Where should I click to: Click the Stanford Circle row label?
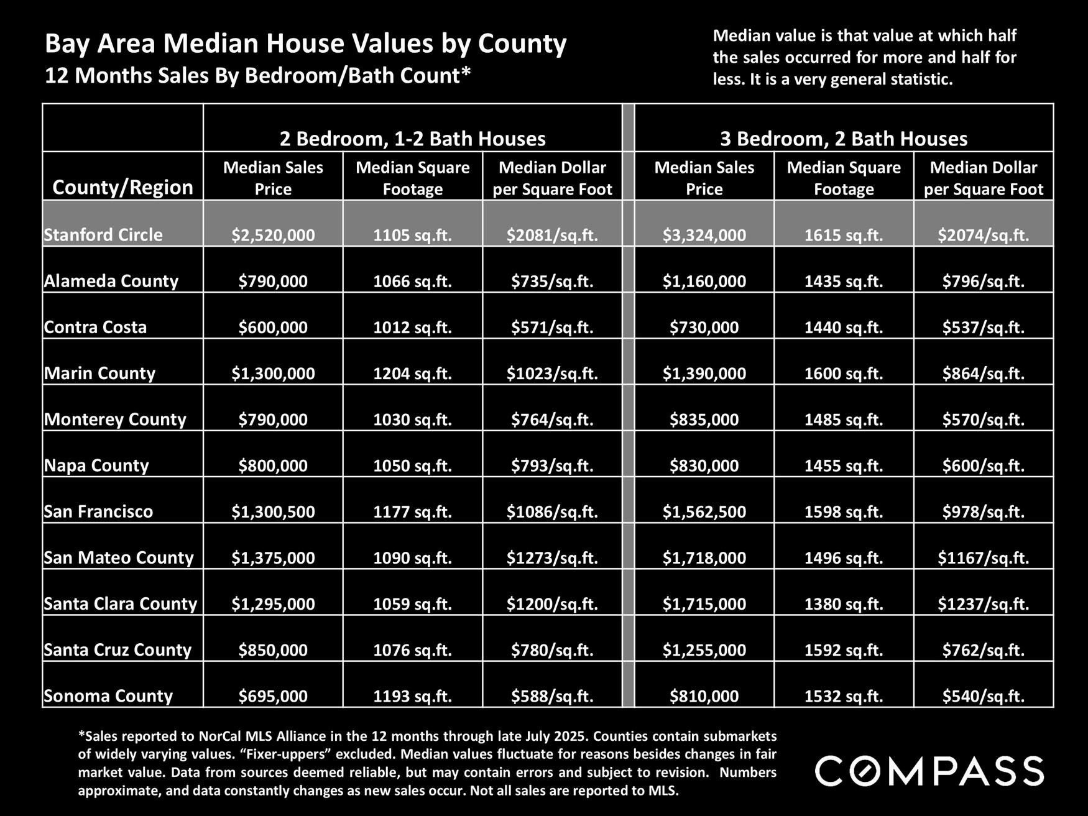[x=103, y=235]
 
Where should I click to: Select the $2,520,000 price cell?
[x=273, y=235]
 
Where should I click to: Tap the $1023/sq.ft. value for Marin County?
[x=552, y=374]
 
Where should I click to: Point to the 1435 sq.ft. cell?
[x=844, y=282]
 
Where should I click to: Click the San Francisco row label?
[x=98, y=511]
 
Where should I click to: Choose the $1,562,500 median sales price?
[x=704, y=512]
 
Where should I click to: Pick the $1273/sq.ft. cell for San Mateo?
[x=552, y=558]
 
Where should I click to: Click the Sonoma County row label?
[x=108, y=695]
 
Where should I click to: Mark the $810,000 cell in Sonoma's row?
[x=704, y=696]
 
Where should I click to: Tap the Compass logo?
[x=929, y=771]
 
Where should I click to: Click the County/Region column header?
[x=122, y=187]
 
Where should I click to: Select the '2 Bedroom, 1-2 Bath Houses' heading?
[x=412, y=138]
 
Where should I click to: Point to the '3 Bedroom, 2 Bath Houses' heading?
[x=844, y=138]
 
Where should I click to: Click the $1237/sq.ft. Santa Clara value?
[x=983, y=604]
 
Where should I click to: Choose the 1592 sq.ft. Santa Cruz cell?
[x=844, y=650]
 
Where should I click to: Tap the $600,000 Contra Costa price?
[x=273, y=328]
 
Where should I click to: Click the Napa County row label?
[x=96, y=465]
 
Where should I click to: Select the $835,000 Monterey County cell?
[x=704, y=419]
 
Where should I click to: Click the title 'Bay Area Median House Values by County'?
[x=306, y=44]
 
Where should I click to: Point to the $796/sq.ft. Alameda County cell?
[x=983, y=282]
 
